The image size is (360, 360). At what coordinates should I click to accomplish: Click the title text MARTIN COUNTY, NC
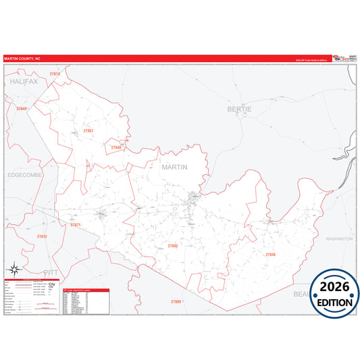click(x=22, y=59)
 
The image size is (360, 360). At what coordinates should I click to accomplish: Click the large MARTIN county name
click(x=174, y=165)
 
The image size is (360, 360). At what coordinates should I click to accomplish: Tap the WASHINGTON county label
click(x=339, y=239)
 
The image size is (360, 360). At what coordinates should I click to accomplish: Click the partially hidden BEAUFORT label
click(x=302, y=294)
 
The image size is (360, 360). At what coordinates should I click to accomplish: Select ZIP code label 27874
click(x=55, y=74)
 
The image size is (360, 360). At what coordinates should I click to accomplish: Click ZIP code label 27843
click(x=22, y=109)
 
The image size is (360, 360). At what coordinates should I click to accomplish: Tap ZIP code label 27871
click(x=75, y=225)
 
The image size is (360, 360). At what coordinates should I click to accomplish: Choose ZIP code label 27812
click(x=42, y=237)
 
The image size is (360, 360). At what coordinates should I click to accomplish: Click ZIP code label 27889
click(x=176, y=301)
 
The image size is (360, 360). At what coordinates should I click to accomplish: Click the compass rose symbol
click(x=14, y=271)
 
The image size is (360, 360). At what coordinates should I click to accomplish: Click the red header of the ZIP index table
click(x=84, y=289)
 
